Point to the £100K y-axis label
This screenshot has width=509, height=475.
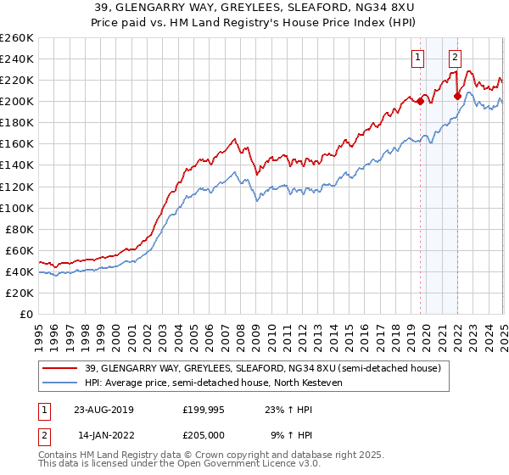click(17, 208)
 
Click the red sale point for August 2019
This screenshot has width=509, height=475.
click(420, 102)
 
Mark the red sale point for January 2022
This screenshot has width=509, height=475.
click(457, 96)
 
